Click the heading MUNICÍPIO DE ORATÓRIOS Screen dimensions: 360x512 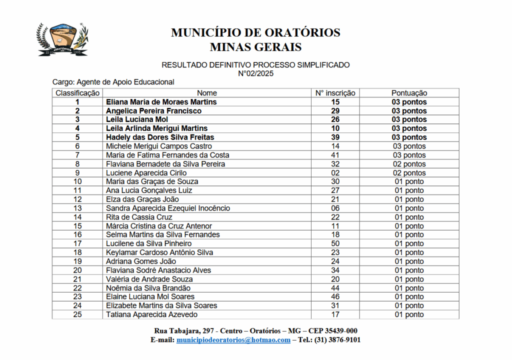coord(255,32)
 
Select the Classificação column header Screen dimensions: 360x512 coord(77,93)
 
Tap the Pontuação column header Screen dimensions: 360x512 coord(409,93)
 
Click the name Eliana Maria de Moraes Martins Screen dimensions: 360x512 coord(161,102)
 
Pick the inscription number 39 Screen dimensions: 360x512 coord(335,137)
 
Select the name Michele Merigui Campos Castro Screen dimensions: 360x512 coord(158,146)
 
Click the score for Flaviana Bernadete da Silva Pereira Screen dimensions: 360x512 coord(409,164)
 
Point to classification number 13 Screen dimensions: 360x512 coord(77,208)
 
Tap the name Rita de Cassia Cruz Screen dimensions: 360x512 coord(139,217)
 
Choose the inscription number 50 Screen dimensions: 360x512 coord(335,243)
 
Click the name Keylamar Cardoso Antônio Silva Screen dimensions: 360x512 coord(159,252)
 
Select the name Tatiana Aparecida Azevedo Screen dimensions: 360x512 coord(151,314)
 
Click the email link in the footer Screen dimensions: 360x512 coord(233,340)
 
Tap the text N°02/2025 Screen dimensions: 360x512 coord(255,73)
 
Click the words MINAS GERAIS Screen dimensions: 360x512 coord(255,47)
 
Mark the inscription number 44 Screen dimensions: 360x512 coord(335,288)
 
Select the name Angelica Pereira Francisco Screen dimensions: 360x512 coord(153,111)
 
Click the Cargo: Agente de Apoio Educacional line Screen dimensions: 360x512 coord(113,82)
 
